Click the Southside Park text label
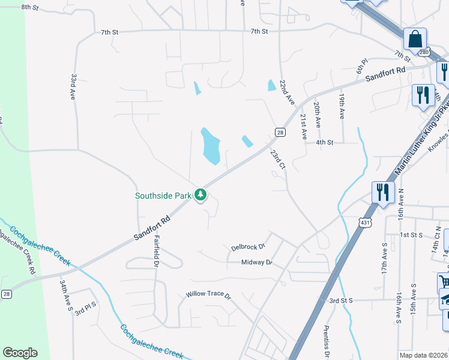pos(163,195)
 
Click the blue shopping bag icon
pos(415,40)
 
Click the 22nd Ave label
pos(289,90)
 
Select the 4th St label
pos(324,142)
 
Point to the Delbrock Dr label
pos(248,247)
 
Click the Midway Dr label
pos(257,262)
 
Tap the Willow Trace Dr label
pos(208,295)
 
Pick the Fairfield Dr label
pos(156,251)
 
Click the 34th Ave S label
pos(65,295)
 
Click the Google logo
pos(20,353)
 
